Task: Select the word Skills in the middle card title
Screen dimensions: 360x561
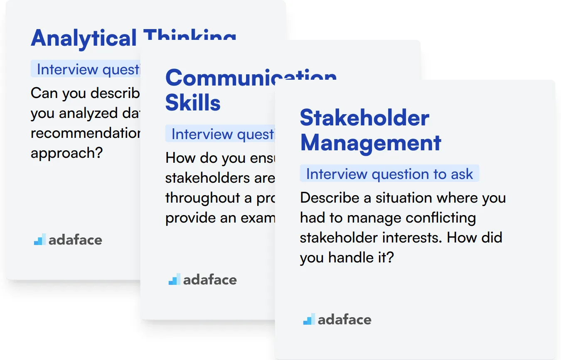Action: (193, 103)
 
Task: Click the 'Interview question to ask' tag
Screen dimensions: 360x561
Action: (389, 174)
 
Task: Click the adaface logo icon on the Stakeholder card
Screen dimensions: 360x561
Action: (309, 320)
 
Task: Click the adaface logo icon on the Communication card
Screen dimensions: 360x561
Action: (174, 280)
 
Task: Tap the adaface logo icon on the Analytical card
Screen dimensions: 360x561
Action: (39, 240)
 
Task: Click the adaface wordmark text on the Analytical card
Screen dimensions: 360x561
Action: (75, 240)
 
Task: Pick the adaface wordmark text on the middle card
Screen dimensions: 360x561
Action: (210, 280)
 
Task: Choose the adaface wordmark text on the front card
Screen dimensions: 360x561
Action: (344, 320)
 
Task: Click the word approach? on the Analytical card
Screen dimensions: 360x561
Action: (66, 153)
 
